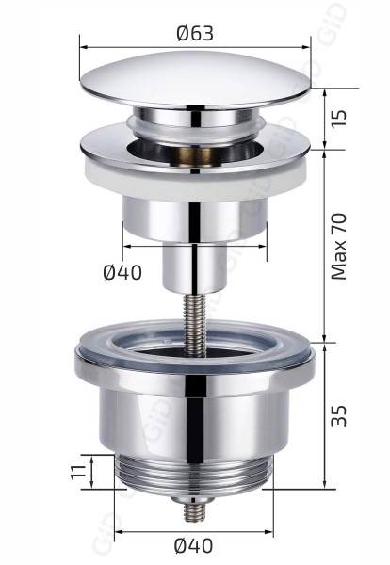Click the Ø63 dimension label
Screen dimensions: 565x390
tap(195, 33)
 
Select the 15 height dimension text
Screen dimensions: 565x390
tap(340, 119)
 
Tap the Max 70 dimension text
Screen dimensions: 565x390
tap(340, 245)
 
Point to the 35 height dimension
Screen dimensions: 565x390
tap(340, 414)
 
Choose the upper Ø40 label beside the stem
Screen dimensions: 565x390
tap(123, 274)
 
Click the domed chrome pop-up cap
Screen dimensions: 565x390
tap(195, 85)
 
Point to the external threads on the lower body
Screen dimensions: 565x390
tap(195, 471)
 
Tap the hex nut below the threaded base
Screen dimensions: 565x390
tap(195, 496)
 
